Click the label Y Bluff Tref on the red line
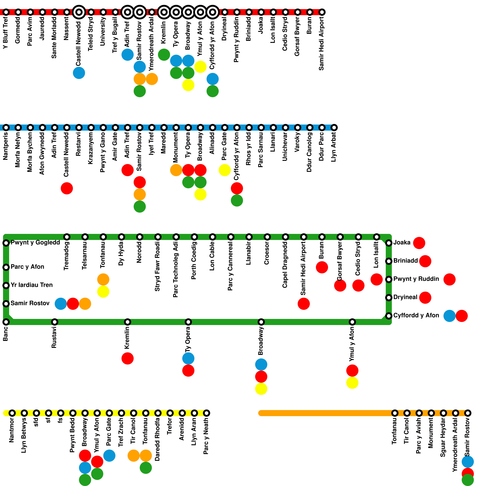pyautogui.click(x=5, y=33)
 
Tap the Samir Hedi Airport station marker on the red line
pyautogui.click(x=322, y=12)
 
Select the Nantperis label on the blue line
pyautogui.click(x=5, y=146)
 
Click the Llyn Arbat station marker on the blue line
pyautogui.click(x=334, y=128)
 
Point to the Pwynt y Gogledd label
pyautogui.click(x=35, y=242)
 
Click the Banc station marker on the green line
pyautogui.click(x=6, y=322)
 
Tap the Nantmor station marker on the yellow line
pyautogui.click(x=12, y=413)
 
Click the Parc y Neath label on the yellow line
pyautogui.click(x=206, y=436)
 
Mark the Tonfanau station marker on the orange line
pyautogui.click(x=395, y=413)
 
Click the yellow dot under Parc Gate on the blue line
pyautogui.click(x=225, y=170)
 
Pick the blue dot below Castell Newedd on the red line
pyautogui.click(x=79, y=73)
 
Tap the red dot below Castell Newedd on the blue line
pyautogui.click(x=67, y=188)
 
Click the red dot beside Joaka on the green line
pyautogui.click(x=419, y=243)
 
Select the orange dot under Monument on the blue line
pyautogui.click(x=176, y=170)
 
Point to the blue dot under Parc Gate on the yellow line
pyautogui.click(x=109, y=456)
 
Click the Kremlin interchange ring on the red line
pyautogui.click(x=164, y=12)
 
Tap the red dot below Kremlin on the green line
pyautogui.click(x=128, y=358)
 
